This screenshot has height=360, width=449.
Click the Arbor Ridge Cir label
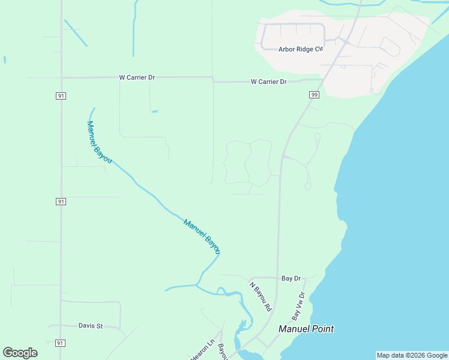[301, 49]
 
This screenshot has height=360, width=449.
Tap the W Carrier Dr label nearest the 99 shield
[268, 82]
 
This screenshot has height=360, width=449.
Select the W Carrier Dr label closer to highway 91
[137, 77]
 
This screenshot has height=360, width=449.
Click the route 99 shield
[315, 95]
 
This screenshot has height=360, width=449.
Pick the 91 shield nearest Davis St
[59, 343]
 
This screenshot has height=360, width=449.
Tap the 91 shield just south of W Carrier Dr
[61, 96]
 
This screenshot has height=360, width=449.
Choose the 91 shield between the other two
[61, 202]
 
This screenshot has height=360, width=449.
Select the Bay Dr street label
[291, 278]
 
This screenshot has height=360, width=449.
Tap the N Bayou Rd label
[261, 296]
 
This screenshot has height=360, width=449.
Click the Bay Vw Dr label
[298, 306]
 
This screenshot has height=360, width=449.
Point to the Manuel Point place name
[306, 329]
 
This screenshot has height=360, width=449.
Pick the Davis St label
[91, 326]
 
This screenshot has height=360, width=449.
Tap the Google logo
[20, 353]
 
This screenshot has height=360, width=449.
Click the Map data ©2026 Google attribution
[412, 356]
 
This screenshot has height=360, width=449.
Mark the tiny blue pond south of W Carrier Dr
[155, 111]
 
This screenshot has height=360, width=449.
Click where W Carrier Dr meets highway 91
[61, 77]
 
